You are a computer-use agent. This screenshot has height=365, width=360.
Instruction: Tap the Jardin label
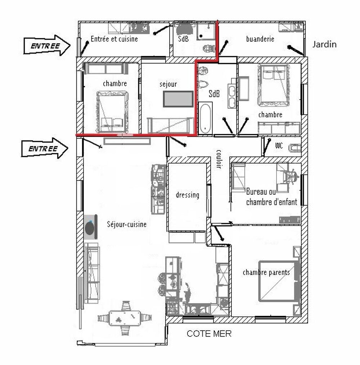pos(324,45)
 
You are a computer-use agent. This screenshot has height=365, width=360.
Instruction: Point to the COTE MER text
pos(209,334)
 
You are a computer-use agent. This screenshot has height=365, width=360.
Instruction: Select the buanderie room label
pos(260,39)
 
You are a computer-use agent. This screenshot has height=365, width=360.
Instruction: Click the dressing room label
pos(187,195)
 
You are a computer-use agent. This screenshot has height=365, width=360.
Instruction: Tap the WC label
pos(278,146)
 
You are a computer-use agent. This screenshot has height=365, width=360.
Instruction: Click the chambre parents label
pos(266,272)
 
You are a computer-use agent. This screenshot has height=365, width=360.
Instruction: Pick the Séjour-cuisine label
pos(127,225)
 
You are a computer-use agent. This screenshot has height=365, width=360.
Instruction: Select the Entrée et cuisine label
pos(114,39)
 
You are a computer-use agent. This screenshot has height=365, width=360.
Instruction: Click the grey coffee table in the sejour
pos(177,99)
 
